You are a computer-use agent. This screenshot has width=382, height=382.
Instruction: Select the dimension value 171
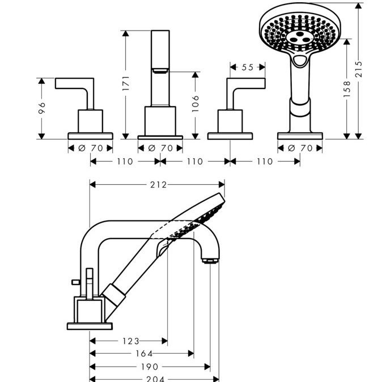[x=126, y=83]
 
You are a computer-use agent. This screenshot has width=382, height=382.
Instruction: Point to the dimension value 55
[x=247, y=67]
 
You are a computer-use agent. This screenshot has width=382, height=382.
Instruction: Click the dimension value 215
[x=358, y=70]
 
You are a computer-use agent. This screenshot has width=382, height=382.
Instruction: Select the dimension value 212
[x=158, y=184]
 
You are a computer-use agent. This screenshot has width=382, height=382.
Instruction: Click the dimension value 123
[x=130, y=341]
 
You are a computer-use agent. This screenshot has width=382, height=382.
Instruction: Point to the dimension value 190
[x=150, y=367]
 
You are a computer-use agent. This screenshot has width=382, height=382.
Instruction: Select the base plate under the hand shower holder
[x=300, y=136]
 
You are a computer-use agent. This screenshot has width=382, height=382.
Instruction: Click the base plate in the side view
[x=91, y=325]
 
